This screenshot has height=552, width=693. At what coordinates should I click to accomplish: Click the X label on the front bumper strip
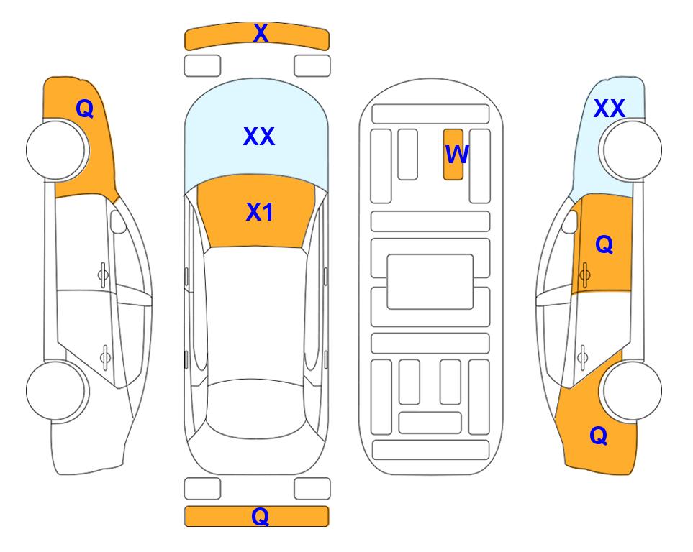[261, 33]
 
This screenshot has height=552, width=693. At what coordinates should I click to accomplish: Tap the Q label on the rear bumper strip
[261, 516]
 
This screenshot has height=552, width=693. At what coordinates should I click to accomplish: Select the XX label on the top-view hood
[259, 136]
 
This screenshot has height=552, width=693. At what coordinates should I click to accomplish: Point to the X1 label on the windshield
[260, 212]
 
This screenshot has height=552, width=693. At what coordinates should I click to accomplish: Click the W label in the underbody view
[456, 155]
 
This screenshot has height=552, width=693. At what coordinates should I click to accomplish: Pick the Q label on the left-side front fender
[85, 109]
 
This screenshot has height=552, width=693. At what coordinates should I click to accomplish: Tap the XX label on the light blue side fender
[609, 109]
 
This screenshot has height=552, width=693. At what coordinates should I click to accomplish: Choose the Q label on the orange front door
[604, 244]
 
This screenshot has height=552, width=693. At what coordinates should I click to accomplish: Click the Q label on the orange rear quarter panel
[599, 436]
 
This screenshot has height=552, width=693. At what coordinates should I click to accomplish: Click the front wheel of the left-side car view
[56, 150]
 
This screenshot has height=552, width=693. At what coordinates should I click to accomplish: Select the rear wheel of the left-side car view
[56, 390]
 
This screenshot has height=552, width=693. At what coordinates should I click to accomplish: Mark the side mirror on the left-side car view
[118, 221]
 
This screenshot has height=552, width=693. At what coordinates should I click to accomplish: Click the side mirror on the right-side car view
[570, 221]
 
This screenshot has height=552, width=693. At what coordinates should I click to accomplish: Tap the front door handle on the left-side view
[103, 275]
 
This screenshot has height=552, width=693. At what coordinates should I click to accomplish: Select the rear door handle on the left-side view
[105, 356]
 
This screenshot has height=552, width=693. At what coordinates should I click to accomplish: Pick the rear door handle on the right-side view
[583, 356]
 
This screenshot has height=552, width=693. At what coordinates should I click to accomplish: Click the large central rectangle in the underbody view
[430, 282]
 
